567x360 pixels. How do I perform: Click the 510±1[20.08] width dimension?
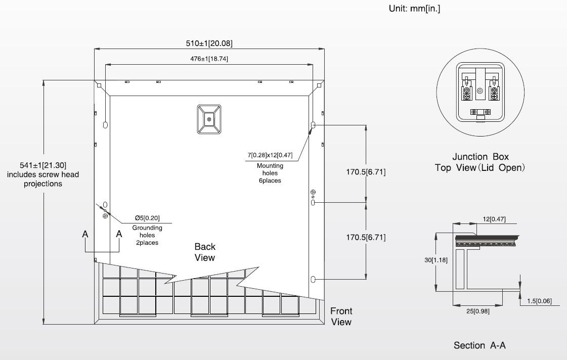point(209,43)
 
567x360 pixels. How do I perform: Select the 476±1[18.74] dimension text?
point(209,59)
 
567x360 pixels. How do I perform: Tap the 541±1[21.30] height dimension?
point(43,165)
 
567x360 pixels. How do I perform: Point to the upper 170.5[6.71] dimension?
point(366,172)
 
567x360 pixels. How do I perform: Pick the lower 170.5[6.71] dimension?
point(366,237)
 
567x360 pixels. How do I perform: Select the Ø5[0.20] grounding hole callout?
point(147,218)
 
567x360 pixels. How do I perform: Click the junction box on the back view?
point(209,119)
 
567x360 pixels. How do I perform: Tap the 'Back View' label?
point(205,252)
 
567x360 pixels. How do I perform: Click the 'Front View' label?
point(341,316)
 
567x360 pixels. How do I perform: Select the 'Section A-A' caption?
point(479,345)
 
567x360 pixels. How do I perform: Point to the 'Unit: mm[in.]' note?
point(414,9)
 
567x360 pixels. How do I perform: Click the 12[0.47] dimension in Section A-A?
point(492,219)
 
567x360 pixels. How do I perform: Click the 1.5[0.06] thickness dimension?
point(539,301)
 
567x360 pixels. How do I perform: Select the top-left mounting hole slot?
point(105,124)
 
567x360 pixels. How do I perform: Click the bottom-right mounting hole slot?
point(313,279)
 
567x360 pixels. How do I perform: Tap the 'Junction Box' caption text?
point(480,157)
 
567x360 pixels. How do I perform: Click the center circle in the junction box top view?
point(479,91)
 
